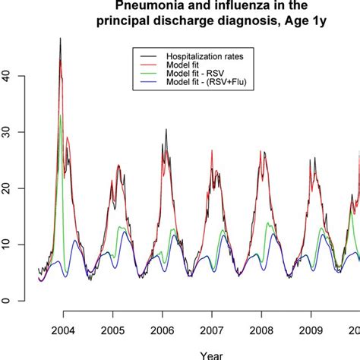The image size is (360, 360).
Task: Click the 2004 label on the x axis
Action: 63,332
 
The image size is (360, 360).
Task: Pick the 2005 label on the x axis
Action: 112,332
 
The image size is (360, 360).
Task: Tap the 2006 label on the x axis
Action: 162,332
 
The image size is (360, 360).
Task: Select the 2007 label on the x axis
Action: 211,332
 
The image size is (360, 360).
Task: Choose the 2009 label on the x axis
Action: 310,332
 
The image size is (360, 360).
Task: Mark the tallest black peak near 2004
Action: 60,39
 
